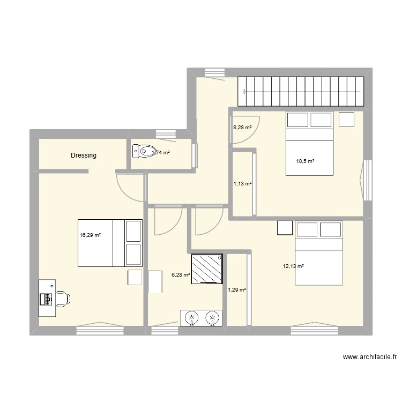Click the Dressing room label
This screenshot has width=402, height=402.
point(84,155)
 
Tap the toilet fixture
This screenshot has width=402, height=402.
point(144,152)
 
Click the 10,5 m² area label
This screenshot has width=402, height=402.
point(306,161)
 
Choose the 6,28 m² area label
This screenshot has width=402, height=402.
point(181,275)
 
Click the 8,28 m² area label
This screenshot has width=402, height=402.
point(242,128)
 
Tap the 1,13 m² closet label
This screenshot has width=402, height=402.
point(242,183)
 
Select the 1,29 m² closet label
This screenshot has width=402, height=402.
point(237,289)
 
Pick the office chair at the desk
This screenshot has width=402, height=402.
point(62,298)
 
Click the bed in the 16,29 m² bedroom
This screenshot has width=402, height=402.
point(109,243)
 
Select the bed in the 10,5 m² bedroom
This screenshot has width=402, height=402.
point(309,143)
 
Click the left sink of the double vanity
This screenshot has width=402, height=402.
point(191,318)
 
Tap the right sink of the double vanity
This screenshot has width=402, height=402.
point(213,318)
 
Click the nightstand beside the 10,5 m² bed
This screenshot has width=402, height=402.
point(346,120)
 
